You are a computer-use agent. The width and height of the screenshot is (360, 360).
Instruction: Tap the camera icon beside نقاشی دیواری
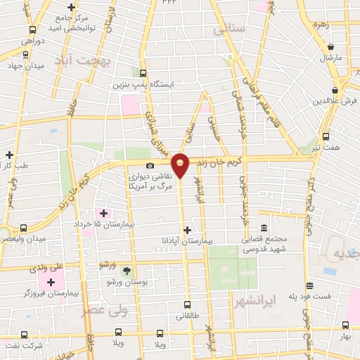tap(150, 165)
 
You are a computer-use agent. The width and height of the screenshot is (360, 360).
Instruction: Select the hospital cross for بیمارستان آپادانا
tap(186, 230)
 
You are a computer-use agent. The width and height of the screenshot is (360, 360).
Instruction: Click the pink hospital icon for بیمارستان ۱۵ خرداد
tap(103, 213)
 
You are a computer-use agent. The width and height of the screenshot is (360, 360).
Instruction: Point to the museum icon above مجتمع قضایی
tap(264, 229)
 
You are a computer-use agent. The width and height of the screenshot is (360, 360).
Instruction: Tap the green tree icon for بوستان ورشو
tap(127, 271)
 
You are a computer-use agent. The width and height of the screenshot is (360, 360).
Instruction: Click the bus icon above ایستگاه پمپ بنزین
tap(143, 73)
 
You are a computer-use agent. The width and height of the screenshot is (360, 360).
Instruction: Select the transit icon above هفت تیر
tap(325, 136)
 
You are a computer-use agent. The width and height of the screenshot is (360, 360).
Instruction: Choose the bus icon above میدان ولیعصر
tap(24, 228)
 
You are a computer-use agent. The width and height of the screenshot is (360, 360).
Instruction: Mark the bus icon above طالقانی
tap(187, 305)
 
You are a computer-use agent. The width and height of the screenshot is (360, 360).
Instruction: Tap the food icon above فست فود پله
tap(309, 285)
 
